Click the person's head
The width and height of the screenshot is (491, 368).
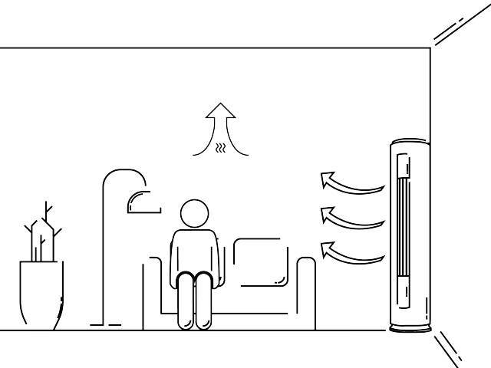(x=193, y=213)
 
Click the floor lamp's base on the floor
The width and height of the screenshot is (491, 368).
(x=105, y=325)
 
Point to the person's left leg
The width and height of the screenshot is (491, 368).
(x=203, y=303)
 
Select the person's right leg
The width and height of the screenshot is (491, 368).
(x=185, y=303)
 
